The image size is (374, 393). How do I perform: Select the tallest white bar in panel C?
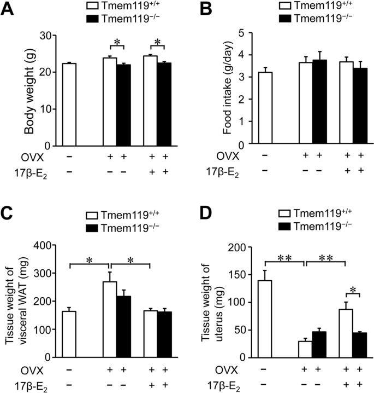coord(110,319)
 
